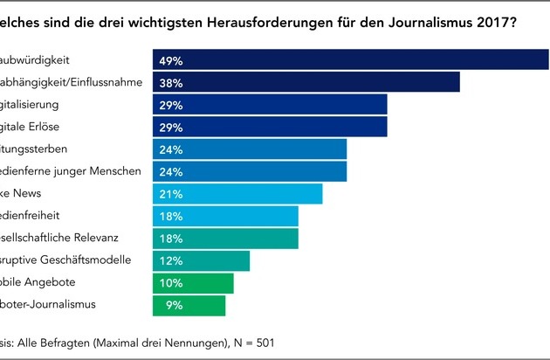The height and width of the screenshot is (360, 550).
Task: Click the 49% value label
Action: click(171, 60)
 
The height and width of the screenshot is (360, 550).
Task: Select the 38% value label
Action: click(171, 82)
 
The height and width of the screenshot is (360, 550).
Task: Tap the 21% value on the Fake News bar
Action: click(171, 193)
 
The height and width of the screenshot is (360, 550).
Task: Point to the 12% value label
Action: click(171, 260)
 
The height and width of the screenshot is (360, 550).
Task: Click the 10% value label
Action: click(171, 283)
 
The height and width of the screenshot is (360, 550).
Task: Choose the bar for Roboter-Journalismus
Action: click(201, 305)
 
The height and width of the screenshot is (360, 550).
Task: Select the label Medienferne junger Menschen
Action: click(70, 171)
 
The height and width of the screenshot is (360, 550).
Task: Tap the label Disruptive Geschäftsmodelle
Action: click(65, 260)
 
